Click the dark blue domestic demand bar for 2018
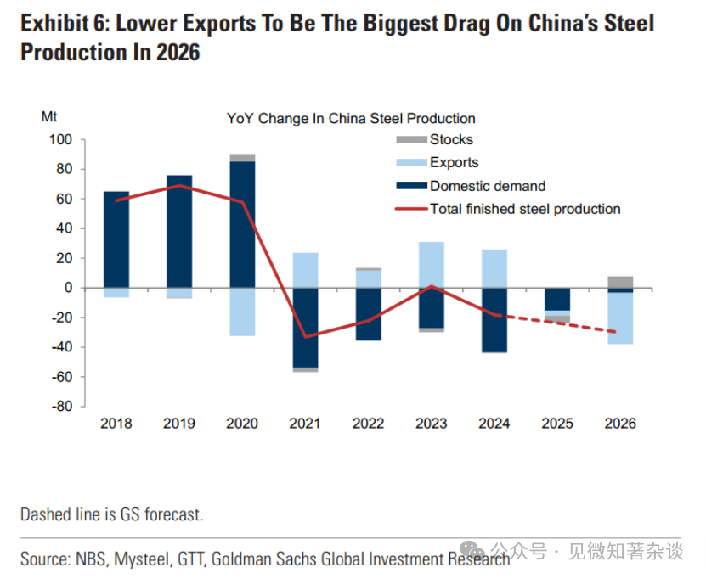116,239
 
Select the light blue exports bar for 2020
242,312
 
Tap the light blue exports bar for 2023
431,264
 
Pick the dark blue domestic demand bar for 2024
494,320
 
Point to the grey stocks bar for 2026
620,282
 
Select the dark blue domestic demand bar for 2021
305,328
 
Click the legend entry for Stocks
450,139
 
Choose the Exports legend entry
454,162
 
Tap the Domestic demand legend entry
487,186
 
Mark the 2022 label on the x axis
368,424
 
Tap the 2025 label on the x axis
556,424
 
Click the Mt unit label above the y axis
49,116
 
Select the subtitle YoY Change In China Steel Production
351,119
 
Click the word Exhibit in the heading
52,23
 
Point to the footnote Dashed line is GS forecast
111,514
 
